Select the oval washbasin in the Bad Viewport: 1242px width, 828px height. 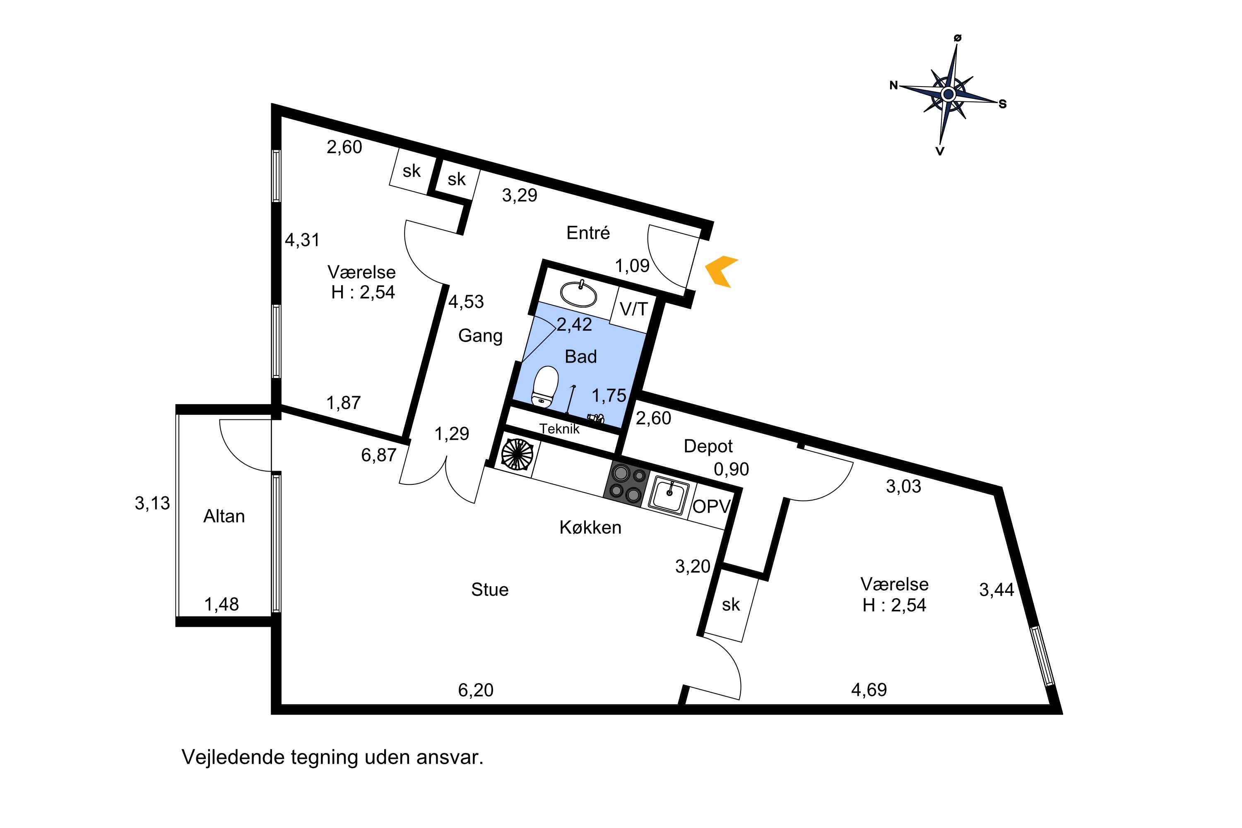[x=578, y=294]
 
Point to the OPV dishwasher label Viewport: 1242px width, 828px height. [x=711, y=506]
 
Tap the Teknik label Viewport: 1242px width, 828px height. [x=560, y=429]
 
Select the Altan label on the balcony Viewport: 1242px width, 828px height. [x=224, y=516]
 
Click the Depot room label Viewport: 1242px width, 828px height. [x=708, y=447]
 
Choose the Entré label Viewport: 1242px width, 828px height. [x=588, y=232]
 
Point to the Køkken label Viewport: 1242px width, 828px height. [x=590, y=527]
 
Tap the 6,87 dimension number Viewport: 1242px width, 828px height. [x=379, y=455]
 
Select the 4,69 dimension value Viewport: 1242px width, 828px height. [x=869, y=690]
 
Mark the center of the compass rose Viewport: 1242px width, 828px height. [x=948, y=94]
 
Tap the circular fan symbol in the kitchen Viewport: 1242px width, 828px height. [x=517, y=454]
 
